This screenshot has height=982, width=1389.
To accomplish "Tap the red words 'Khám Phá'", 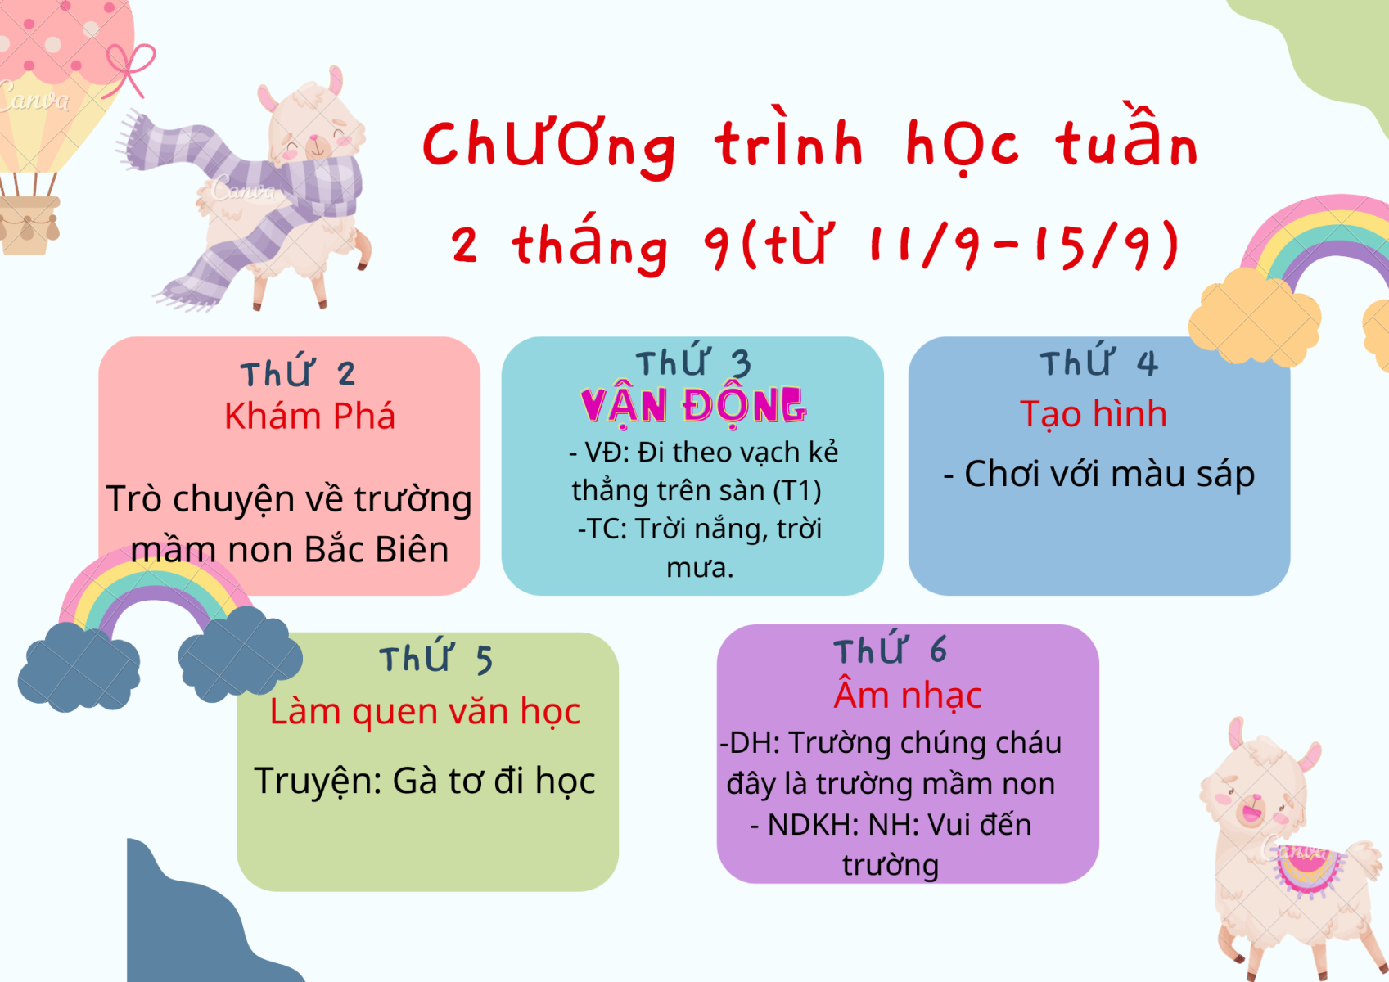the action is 309,416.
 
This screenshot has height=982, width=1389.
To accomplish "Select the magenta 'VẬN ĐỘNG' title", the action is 692,406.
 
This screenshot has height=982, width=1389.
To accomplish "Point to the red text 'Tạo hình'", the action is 1094,414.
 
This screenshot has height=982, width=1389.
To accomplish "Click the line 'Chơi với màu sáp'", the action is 1098,475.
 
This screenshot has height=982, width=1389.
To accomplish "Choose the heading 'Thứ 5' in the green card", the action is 436,656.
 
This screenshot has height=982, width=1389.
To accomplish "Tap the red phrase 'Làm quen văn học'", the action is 425,712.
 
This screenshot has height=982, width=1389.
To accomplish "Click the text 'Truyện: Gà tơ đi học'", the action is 425,782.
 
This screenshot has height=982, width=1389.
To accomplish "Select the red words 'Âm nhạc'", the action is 908,696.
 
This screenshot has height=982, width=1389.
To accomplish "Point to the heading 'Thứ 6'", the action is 891,648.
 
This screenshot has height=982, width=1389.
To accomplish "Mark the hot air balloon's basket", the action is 29,224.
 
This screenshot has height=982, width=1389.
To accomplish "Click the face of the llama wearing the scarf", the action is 316,133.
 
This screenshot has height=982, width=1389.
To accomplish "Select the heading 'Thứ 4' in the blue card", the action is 1099,362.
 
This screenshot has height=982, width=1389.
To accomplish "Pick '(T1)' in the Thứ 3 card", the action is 797,491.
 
